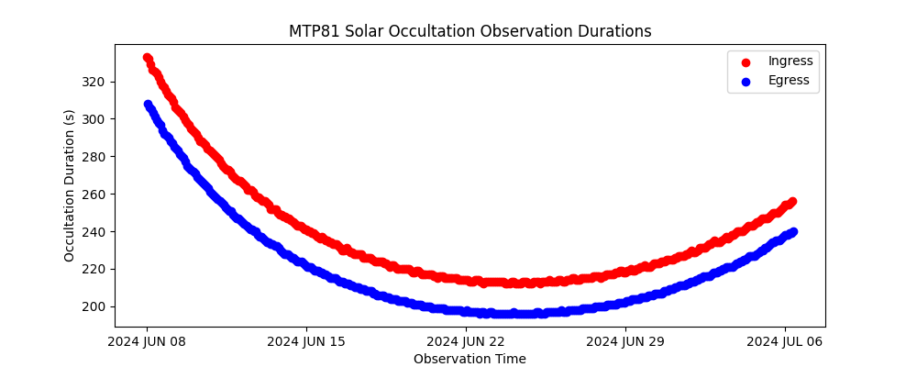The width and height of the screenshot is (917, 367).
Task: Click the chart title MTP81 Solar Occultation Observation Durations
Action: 470,31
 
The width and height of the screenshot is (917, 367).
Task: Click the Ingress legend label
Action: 790,61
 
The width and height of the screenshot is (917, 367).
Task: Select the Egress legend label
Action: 789,81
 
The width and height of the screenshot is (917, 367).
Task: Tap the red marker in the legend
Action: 746,62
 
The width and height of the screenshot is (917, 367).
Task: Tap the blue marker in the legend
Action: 746,82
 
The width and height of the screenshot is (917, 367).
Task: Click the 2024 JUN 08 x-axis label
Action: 147,342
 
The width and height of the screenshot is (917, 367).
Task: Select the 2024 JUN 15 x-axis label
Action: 306,342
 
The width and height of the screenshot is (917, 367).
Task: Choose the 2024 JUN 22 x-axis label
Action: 466,342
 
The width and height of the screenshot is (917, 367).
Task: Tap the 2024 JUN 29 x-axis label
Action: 625,342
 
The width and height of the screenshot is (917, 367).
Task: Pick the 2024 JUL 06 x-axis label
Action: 785,342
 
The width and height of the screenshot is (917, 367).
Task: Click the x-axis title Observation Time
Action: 470,359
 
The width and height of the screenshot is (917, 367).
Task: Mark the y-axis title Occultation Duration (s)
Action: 70,184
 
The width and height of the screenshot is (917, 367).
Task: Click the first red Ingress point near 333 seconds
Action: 148,58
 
